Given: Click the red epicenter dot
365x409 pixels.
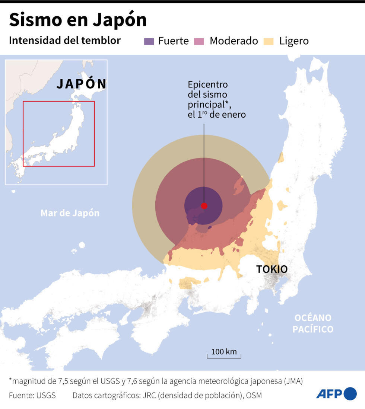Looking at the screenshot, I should [x=204, y=206].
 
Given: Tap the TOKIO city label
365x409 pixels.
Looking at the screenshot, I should [x=272, y=269].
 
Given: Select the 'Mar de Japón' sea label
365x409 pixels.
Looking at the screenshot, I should [x=70, y=213].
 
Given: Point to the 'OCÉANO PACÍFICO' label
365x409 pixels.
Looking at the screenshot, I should [x=312, y=323].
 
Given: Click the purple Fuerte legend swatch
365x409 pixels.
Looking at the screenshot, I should [x=149, y=41].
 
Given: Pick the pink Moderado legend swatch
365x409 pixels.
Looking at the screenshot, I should [x=199, y=41].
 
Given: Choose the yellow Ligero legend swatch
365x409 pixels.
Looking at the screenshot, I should [x=269, y=41].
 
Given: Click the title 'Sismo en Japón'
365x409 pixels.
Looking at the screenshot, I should [x=77, y=20].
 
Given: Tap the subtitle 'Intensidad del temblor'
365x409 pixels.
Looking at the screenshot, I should [x=65, y=40].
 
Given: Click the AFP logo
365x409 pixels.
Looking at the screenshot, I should [x=336, y=394].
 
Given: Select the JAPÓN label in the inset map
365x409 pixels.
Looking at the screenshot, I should [x=82, y=84].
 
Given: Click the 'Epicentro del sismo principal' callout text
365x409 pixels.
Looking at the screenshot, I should [x=216, y=100].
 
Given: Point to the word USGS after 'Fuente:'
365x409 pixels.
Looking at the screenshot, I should [x=46, y=395].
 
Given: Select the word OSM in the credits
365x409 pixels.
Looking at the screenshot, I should [x=254, y=395].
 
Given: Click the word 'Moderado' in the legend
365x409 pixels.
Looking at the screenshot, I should [x=234, y=41].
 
